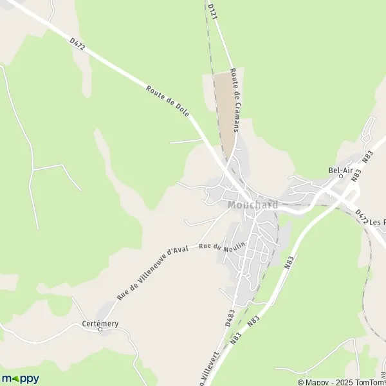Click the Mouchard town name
click(253, 205)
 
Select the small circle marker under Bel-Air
click(341, 176)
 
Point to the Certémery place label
click(100, 324)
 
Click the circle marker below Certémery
click(100, 329)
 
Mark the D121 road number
click(212, 14)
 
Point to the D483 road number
click(230, 318)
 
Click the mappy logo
click(20, 378)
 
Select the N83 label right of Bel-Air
click(367, 156)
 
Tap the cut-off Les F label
click(378, 222)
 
